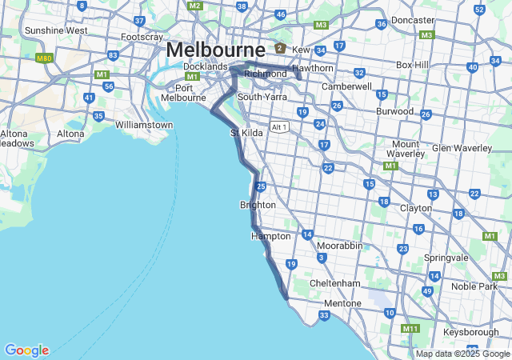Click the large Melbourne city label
pyautogui.click(x=216, y=50)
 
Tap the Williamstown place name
pyautogui.click(x=144, y=125)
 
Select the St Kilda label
pyautogui.click(x=246, y=132)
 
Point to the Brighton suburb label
pyautogui.click(x=258, y=205)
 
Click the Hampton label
pyautogui.click(x=270, y=236)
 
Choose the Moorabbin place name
pyautogui.click(x=339, y=245)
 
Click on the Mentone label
pyautogui.click(x=342, y=303)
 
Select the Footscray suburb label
pyautogui.click(x=142, y=37)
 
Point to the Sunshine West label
pyautogui.click(x=56, y=30)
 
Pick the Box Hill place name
pyautogui.click(x=413, y=65)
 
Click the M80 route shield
pyautogui.click(x=45, y=58)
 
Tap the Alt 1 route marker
pyautogui.click(x=279, y=126)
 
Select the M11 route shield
pyautogui.click(x=410, y=329)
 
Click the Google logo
pyautogui.click(x=26, y=350)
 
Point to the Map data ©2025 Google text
pyautogui.click(x=462, y=354)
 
